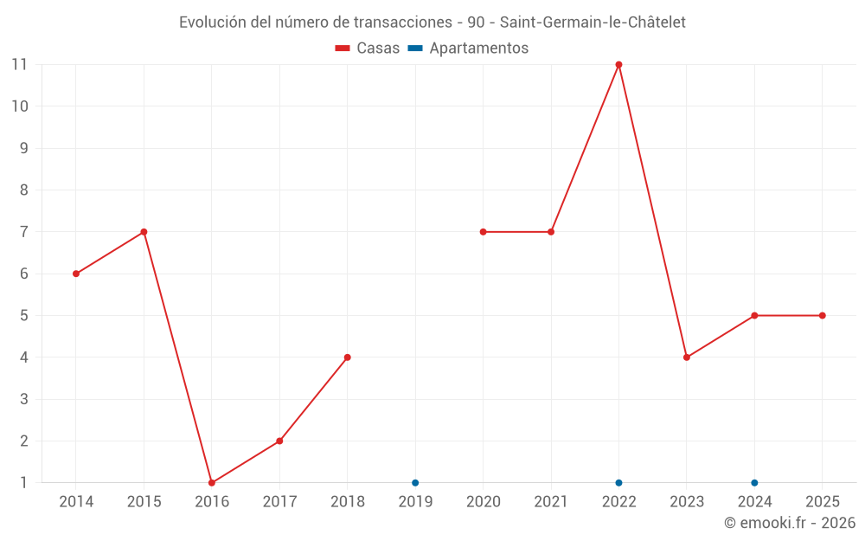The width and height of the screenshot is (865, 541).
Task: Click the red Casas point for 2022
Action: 618,65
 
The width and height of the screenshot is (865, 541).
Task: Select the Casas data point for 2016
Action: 212,483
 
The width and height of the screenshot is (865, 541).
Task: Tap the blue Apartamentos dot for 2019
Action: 415,483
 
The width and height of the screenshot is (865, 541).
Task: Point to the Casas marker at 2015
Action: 144,232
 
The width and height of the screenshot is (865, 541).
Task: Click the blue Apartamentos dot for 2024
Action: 754,483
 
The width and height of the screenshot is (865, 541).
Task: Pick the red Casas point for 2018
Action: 348,357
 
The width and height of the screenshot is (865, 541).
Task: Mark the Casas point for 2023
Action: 687,357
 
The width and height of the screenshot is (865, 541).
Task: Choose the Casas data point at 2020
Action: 483,232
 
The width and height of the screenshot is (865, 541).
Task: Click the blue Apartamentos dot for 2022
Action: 618,483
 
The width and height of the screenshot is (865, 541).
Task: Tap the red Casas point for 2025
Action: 822,316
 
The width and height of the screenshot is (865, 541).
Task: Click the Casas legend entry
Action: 368,48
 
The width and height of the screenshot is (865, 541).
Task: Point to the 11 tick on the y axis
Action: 19,65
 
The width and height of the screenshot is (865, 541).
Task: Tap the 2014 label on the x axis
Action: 76,502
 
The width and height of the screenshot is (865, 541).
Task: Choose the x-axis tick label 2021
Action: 551,502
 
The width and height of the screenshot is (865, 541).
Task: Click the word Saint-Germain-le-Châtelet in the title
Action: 593,23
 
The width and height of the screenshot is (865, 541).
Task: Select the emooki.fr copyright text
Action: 790,523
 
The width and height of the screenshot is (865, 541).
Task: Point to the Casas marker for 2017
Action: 279,441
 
